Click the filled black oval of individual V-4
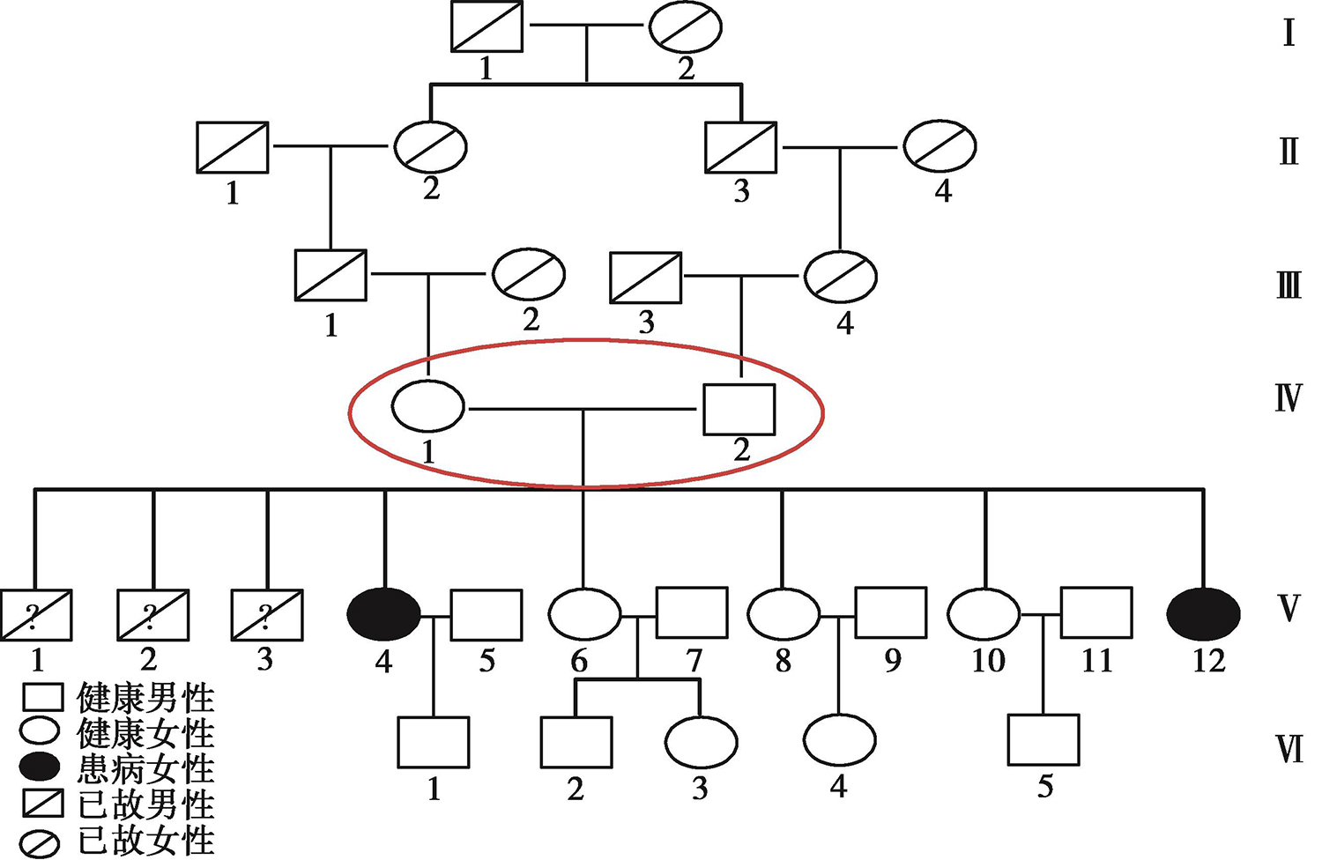click(384, 614)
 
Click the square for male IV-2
click(739, 410)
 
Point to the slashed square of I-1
click(486, 27)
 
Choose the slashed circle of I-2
click(685, 27)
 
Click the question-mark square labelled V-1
click(36, 615)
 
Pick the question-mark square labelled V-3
click(266, 615)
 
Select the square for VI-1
click(433, 742)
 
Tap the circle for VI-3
click(700, 742)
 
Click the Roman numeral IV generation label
click(1288, 398)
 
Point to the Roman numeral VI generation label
click(1289, 750)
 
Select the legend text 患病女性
click(146, 769)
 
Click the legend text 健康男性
click(146, 698)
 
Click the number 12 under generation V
click(1208, 660)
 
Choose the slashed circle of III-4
click(840, 276)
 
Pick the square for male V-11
click(1095, 612)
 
